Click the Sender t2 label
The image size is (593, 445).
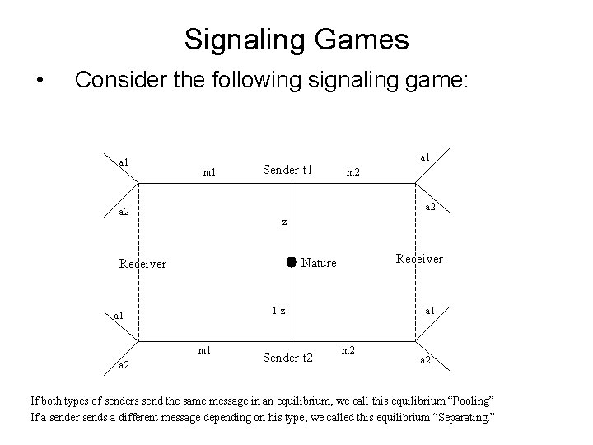[x=287, y=357]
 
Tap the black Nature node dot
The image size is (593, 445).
[x=291, y=262]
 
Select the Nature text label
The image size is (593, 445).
[x=319, y=263]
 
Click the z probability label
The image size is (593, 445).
[x=284, y=221]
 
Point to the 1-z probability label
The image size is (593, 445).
[x=279, y=310]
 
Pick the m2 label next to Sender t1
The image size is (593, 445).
[x=352, y=171]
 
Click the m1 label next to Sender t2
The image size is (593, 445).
[x=203, y=350]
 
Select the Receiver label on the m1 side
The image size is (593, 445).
[x=142, y=264]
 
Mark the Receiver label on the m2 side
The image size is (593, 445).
[x=419, y=259]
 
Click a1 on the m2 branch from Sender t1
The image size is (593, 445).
[x=425, y=156]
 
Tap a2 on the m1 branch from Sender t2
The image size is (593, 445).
[x=122, y=364]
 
